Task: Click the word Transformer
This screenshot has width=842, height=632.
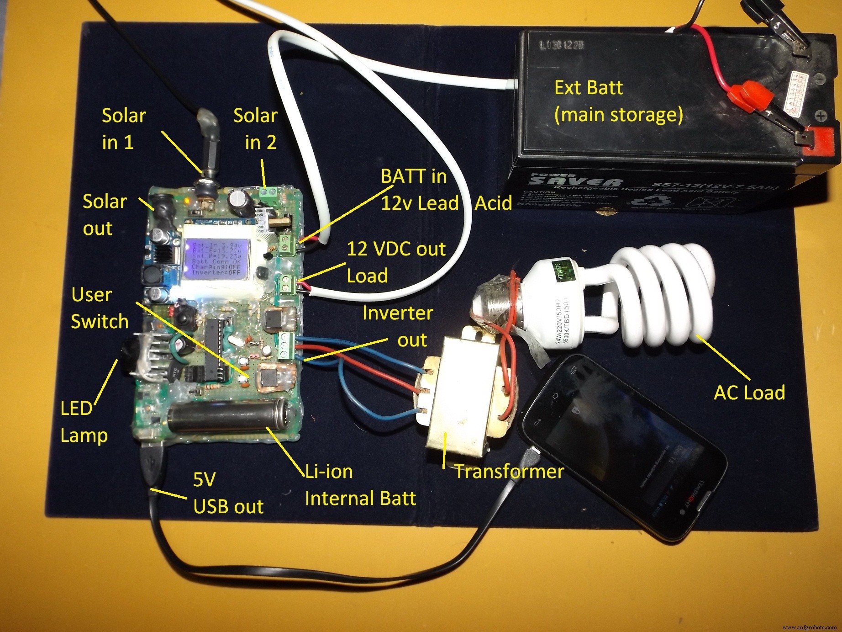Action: coord(509,471)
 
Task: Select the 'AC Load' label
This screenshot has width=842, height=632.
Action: coord(749,393)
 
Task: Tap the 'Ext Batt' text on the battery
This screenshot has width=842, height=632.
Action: coord(588,87)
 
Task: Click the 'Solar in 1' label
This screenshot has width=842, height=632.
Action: coord(123,129)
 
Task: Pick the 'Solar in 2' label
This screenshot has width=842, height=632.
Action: coord(255,129)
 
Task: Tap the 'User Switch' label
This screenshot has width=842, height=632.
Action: coord(100,308)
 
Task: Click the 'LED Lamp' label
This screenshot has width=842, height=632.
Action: coord(83,421)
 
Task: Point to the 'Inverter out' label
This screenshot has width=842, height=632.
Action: coord(397,326)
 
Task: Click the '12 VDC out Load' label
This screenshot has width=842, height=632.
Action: coord(395,262)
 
